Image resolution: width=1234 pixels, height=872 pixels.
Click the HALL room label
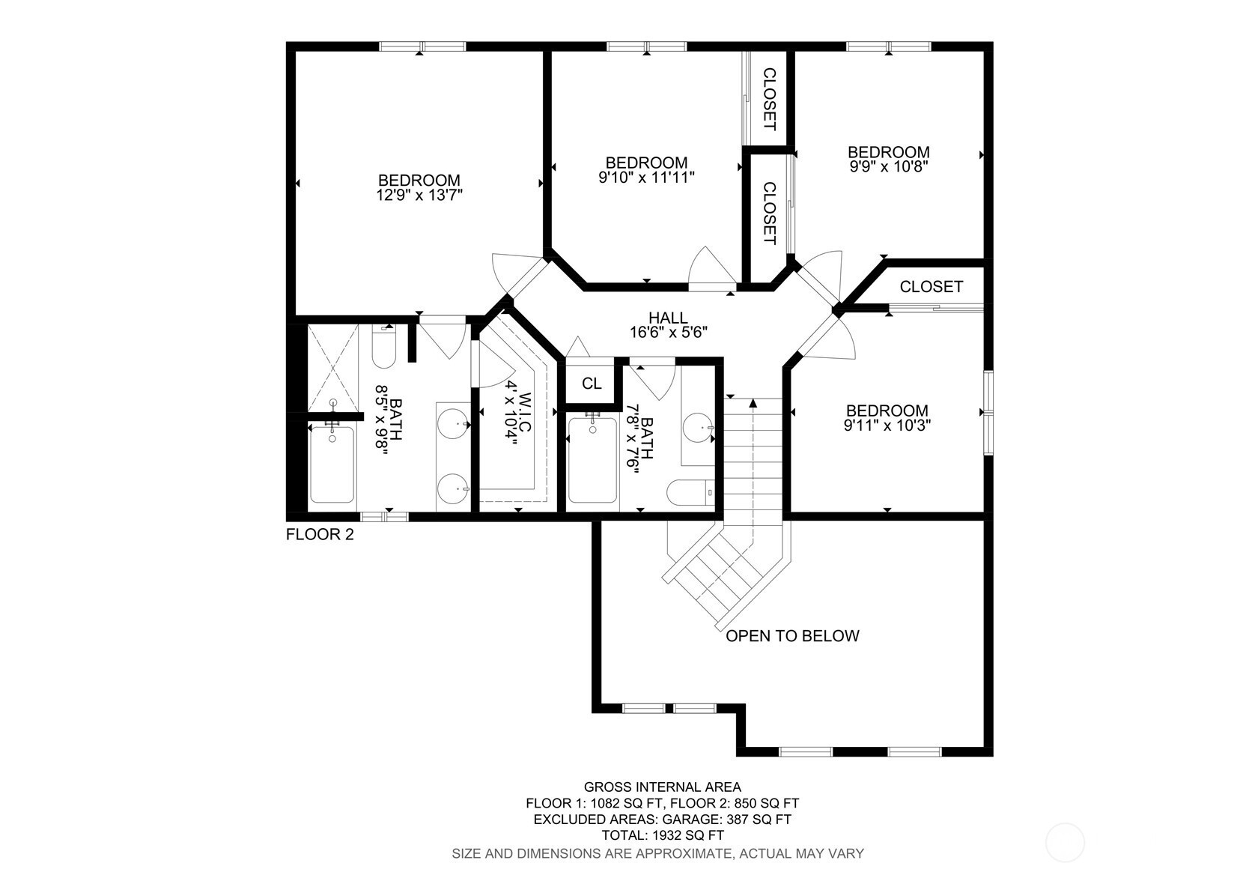(x=668, y=318)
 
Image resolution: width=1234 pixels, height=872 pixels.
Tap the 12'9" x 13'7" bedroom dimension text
(x=419, y=195)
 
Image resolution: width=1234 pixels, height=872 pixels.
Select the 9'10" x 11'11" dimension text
(x=646, y=178)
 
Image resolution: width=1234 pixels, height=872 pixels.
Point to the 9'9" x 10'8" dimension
(x=889, y=166)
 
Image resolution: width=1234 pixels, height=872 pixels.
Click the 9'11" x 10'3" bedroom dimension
(x=887, y=426)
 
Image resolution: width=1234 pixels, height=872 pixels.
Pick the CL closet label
(x=592, y=384)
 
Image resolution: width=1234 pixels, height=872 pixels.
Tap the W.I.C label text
(x=526, y=412)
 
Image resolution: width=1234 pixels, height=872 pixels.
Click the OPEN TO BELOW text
(x=792, y=636)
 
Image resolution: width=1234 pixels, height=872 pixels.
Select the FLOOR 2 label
(x=320, y=534)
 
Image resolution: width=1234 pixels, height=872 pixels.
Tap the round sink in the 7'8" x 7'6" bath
(x=699, y=427)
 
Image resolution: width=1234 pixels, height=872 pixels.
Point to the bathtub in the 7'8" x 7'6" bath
(x=593, y=460)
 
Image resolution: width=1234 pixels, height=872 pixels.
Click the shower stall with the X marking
(x=332, y=368)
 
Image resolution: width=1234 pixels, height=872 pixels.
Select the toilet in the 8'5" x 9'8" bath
(x=384, y=348)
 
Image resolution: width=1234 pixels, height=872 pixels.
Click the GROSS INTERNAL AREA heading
(x=663, y=787)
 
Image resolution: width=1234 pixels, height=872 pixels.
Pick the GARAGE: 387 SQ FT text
(x=726, y=819)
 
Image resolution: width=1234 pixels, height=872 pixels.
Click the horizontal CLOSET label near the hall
(x=931, y=287)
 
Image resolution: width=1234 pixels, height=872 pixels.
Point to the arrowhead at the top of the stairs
(x=753, y=403)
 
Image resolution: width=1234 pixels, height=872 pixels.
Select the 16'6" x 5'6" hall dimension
(x=669, y=333)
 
